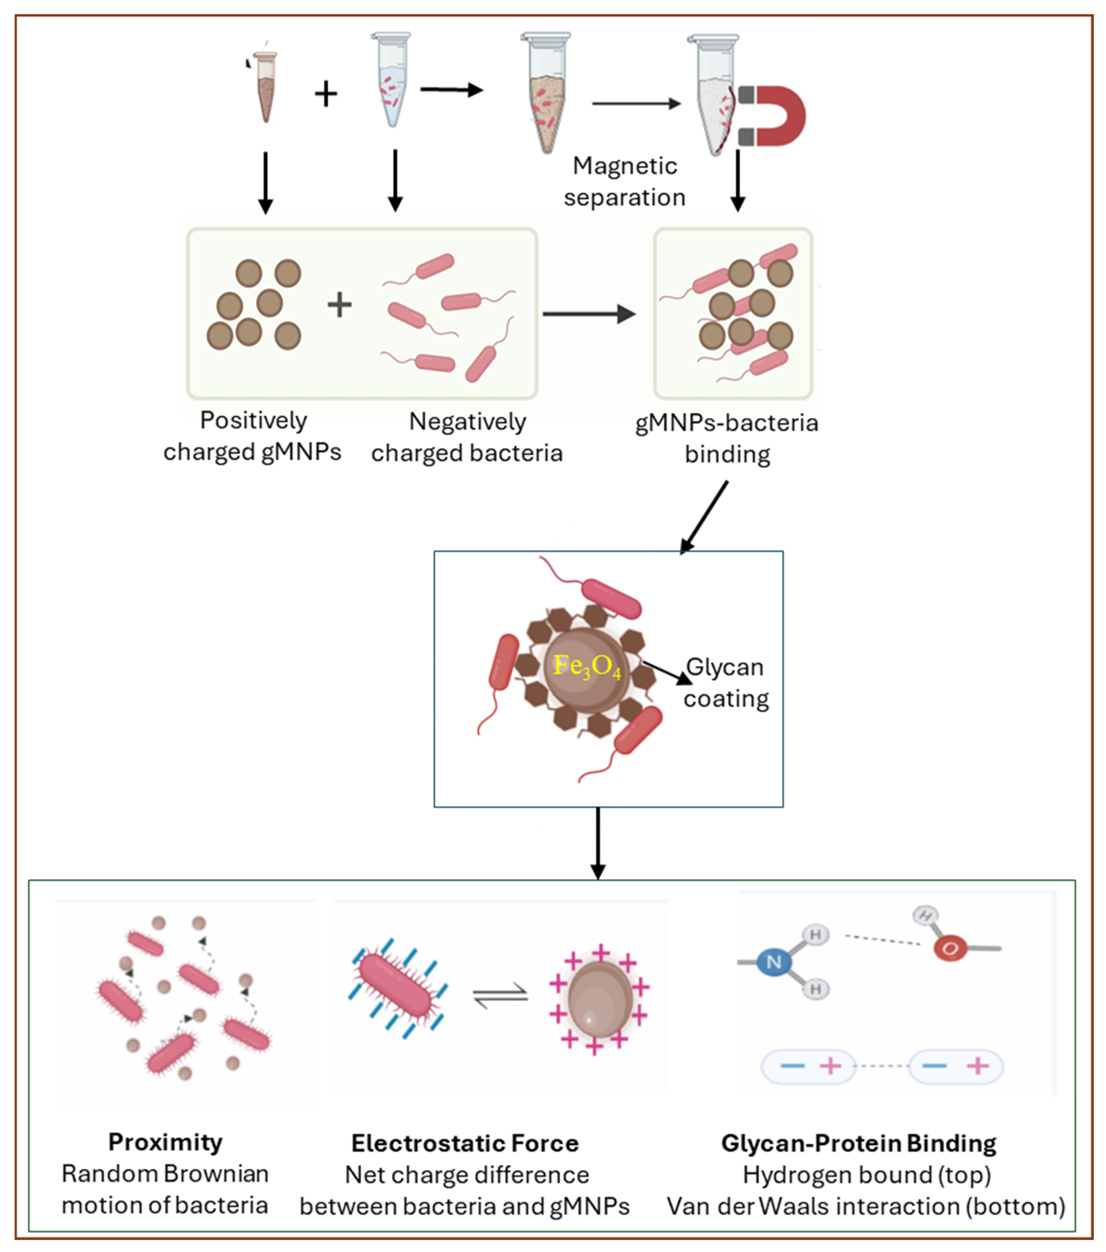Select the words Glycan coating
(x=726, y=683)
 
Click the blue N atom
(x=774, y=962)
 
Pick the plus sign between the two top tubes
(x=326, y=94)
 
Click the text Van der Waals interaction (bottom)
(x=866, y=1206)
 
